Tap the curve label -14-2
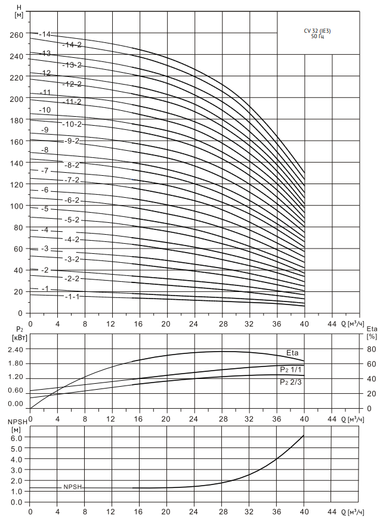pos(72,45)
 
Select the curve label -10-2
pos(72,124)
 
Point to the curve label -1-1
pos(72,297)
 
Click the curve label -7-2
pos(72,180)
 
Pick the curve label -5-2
pos(72,220)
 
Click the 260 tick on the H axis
pos(17,35)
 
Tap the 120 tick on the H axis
pos(17,185)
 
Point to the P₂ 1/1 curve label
pos(290,369)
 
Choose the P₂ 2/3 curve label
pos(290,382)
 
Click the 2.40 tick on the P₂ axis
pos(16,350)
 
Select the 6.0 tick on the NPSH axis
pos(17,437)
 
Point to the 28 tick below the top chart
pos(223,324)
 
